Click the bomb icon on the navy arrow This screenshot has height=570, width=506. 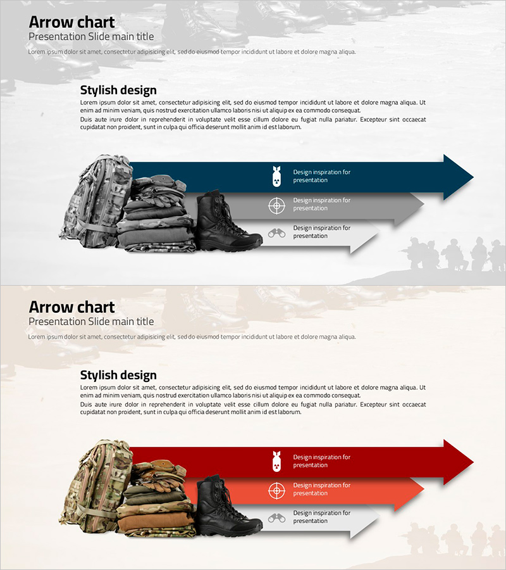click(x=276, y=176)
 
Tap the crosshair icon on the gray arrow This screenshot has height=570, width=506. click(x=276, y=206)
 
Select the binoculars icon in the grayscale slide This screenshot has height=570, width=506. click(x=276, y=233)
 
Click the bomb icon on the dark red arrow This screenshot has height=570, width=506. click(x=276, y=461)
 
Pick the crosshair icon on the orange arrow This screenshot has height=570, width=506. click(x=276, y=491)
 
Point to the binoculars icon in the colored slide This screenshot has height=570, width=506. click(x=276, y=518)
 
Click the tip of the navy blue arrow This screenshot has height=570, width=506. click(x=473, y=177)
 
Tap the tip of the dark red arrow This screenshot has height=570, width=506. click(x=473, y=462)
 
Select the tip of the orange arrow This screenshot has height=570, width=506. click(x=424, y=490)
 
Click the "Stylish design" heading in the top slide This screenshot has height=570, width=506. click(x=118, y=90)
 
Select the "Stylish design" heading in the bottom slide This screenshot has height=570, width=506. click(x=118, y=375)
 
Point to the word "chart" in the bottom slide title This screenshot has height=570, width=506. click(x=96, y=307)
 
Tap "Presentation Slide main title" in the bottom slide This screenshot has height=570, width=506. click(x=91, y=321)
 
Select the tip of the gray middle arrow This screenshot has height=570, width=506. click(x=424, y=205)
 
